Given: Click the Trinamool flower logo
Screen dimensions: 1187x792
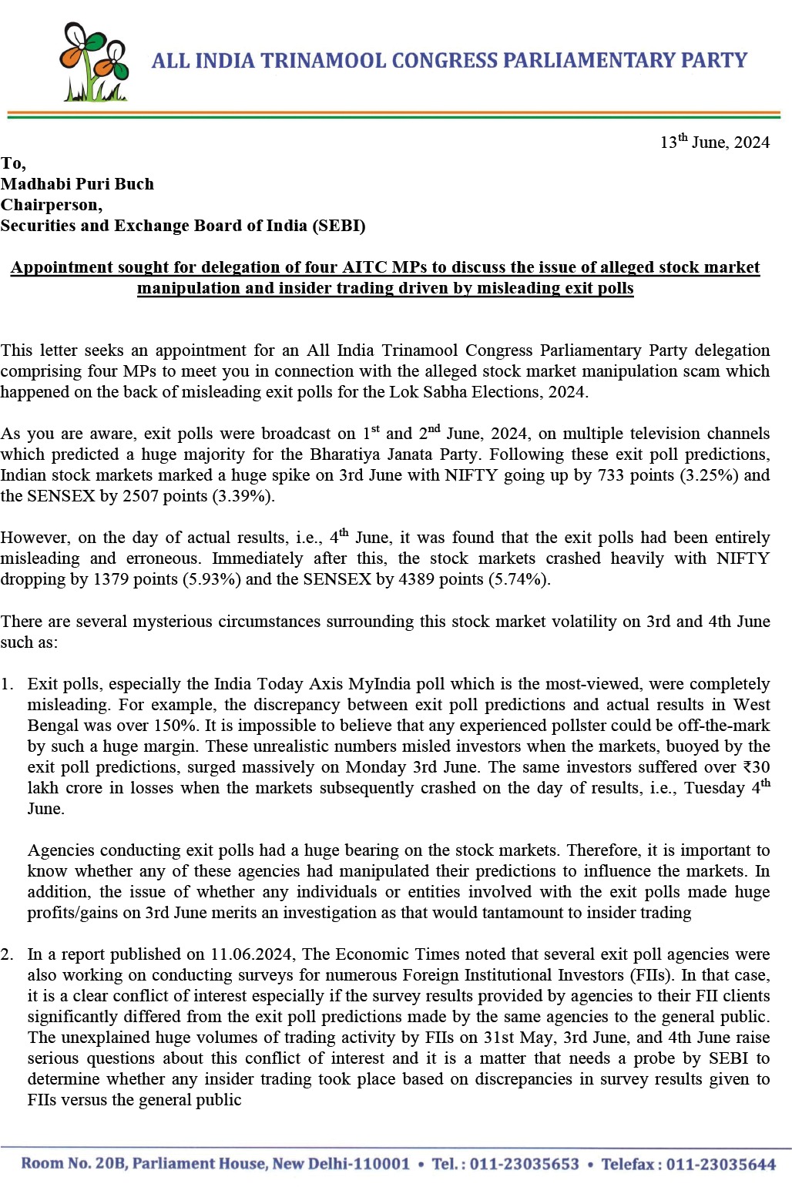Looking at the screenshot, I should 94,62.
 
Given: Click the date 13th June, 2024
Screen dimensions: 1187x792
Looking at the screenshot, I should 714,143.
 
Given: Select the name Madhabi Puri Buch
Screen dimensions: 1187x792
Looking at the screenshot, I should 77,184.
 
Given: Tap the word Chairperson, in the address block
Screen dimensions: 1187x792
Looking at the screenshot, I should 51,205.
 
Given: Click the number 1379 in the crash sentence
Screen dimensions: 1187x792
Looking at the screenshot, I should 109,579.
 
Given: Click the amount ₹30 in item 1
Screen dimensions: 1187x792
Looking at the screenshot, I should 756,767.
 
